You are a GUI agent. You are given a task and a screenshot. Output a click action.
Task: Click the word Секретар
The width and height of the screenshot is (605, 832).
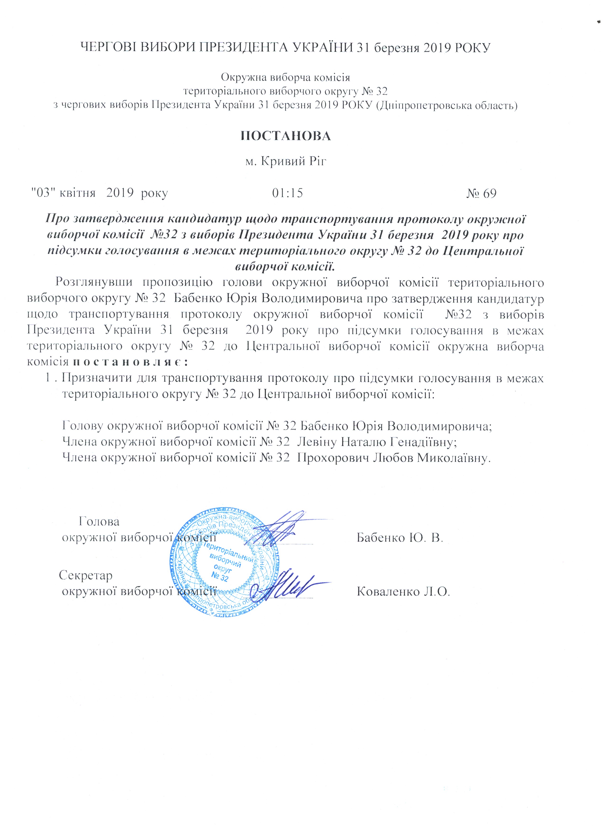pyautogui.click(x=86, y=575)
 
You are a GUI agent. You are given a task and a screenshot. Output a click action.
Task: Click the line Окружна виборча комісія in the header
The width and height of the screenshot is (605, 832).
pyautogui.click(x=285, y=78)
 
